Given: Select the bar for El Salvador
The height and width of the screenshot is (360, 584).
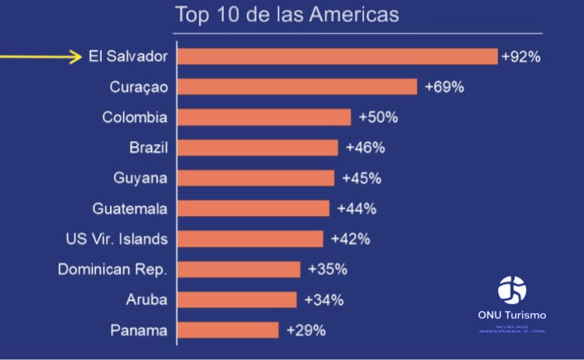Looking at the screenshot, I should [337, 56].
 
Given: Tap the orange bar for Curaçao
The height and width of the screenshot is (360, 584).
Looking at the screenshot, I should [297, 87].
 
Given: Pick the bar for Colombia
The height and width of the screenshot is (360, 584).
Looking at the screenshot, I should [264, 117].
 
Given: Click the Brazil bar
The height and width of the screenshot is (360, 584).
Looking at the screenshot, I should [257, 148].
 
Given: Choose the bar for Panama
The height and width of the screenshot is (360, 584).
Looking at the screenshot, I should [228, 330].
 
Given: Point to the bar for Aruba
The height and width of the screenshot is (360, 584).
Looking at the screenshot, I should [237, 299].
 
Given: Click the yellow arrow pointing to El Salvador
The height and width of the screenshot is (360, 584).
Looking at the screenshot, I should [42, 56].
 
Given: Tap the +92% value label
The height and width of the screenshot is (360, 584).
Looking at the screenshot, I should [521, 56].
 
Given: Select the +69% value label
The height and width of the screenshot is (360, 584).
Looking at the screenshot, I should [444, 87].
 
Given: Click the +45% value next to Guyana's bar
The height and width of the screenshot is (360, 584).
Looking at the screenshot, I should [361, 178].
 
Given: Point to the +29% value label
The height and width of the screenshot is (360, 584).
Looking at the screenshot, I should [305, 330].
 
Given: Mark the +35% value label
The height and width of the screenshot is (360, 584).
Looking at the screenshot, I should [327, 269].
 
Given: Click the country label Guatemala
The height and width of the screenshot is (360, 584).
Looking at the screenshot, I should [130, 208].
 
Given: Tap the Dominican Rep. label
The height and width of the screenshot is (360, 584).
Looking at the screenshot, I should [113, 269].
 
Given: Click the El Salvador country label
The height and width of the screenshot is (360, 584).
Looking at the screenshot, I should [128, 56].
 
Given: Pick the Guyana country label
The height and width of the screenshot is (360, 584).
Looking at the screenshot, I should [140, 178].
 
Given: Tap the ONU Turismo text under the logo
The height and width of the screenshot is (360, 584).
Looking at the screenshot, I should [512, 315].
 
